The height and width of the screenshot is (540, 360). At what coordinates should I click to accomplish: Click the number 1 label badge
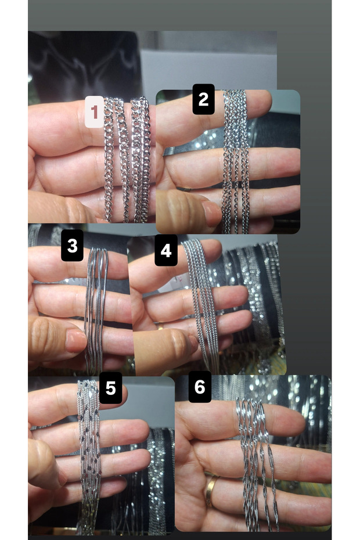click(95, 112)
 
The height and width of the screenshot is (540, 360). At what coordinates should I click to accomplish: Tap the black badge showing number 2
click(203, 99)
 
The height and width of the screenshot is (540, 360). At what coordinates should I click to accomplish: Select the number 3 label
click(73, 245)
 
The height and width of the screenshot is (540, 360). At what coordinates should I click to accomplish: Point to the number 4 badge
click(166, 250)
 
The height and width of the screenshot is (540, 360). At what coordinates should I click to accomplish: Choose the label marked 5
click(110, 388)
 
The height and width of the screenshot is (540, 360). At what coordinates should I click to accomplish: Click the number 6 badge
click(200, 387)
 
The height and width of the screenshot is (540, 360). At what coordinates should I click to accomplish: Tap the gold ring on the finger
click(210, 490)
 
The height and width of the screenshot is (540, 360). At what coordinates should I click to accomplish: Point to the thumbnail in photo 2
click(211, 214)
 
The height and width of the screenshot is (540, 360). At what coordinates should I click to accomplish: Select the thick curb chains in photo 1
click(127, 159)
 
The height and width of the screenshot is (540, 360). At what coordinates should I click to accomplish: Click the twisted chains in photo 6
click(257, 463)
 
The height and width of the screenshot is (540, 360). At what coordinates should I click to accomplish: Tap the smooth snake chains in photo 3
click(95, 310)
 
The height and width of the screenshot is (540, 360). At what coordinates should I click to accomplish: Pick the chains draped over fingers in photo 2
click(235, 161)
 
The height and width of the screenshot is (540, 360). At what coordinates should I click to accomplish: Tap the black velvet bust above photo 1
click(84, 66)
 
